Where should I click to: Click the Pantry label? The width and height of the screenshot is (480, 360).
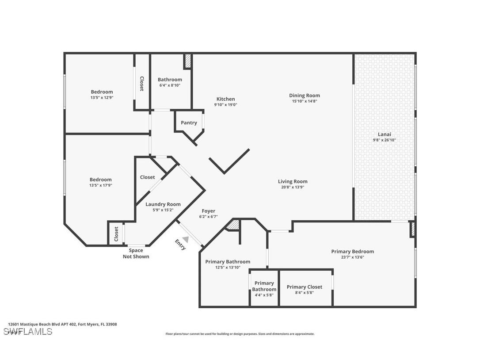point(189,123)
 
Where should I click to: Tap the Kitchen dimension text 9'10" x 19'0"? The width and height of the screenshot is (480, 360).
point(225,105)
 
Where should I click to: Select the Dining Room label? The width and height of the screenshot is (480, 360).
point(305,96)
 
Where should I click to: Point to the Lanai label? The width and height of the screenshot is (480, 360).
point(384,134)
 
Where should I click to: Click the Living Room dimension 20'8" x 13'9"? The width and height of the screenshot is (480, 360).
point(293,187)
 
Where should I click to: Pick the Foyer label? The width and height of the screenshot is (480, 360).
point(209,211)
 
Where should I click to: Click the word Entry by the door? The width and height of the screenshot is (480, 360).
point(180,245)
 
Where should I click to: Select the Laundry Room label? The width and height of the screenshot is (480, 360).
point(163,204)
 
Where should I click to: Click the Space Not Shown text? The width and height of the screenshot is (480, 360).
point(136,253)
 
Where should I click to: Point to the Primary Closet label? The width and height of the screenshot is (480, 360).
point(305,287)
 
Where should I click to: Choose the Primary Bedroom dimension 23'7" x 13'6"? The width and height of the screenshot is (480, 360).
point(352,257)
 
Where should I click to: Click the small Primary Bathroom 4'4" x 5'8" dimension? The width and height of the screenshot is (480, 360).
point(264,295)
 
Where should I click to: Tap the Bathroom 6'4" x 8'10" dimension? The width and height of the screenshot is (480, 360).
point(170,85)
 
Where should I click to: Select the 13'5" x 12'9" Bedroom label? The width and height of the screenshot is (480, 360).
point(102,92)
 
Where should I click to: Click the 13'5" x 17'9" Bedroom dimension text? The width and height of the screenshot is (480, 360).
point(101,185)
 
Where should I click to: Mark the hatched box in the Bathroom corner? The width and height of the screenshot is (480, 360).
point(187,61)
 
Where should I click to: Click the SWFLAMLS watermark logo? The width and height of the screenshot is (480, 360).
point(28,331)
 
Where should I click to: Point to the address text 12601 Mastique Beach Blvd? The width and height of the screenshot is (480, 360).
point(62,324)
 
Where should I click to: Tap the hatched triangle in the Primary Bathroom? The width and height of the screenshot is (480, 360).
point(232,225)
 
